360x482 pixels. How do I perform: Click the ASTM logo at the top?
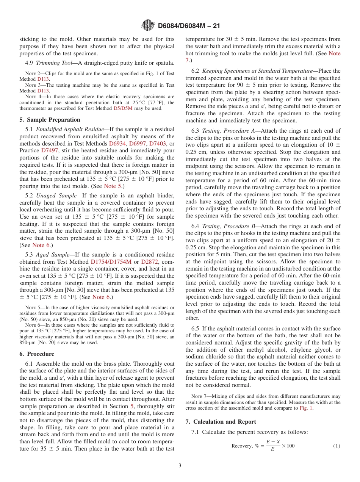[148, 25]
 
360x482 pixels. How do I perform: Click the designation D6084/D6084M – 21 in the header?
[189, 26]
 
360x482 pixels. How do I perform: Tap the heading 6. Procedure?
[37, 354]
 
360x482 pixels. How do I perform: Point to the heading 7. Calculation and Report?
[221, 422]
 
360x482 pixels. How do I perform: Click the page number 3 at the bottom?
[180, 466]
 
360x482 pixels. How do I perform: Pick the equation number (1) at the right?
[337, 446]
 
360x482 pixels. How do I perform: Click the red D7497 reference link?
[49, 151]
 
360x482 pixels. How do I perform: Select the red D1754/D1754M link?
[111, 262]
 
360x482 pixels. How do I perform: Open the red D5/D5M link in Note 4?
[123, 108]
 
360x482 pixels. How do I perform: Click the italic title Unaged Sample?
[56, 196]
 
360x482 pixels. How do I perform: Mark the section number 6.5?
[195, 329]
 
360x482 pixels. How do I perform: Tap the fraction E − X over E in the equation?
[273, 446]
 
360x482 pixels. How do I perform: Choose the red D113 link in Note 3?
[42, 91]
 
